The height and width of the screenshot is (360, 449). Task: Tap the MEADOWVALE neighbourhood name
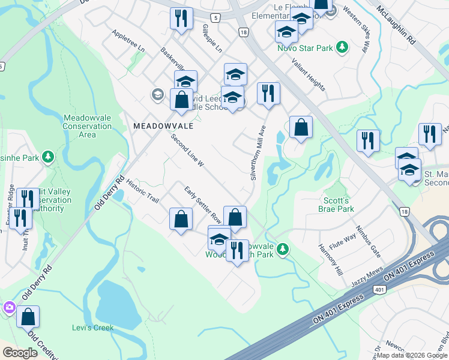point(155,126)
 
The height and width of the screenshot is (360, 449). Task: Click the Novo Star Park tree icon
point(342,47)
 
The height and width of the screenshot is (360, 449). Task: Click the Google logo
point(20,353)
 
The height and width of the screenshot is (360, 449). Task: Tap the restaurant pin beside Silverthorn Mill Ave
point(268,93)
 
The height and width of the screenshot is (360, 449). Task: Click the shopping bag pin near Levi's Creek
point(28,316)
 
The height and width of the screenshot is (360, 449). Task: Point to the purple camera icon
point(9,308)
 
